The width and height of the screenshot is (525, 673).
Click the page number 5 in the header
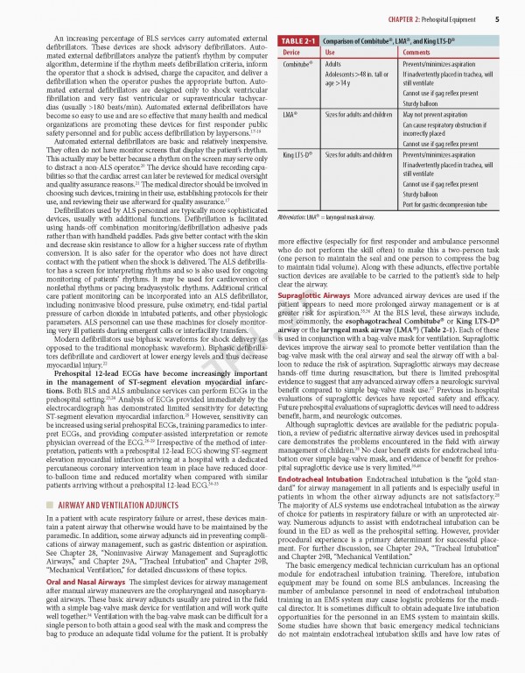click(x=497, y=18)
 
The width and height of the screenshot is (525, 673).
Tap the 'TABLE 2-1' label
click(x=300, y=41)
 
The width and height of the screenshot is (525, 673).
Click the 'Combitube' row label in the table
click(x=298, y=65)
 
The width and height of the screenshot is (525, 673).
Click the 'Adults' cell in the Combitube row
click(x=333, y=65)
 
